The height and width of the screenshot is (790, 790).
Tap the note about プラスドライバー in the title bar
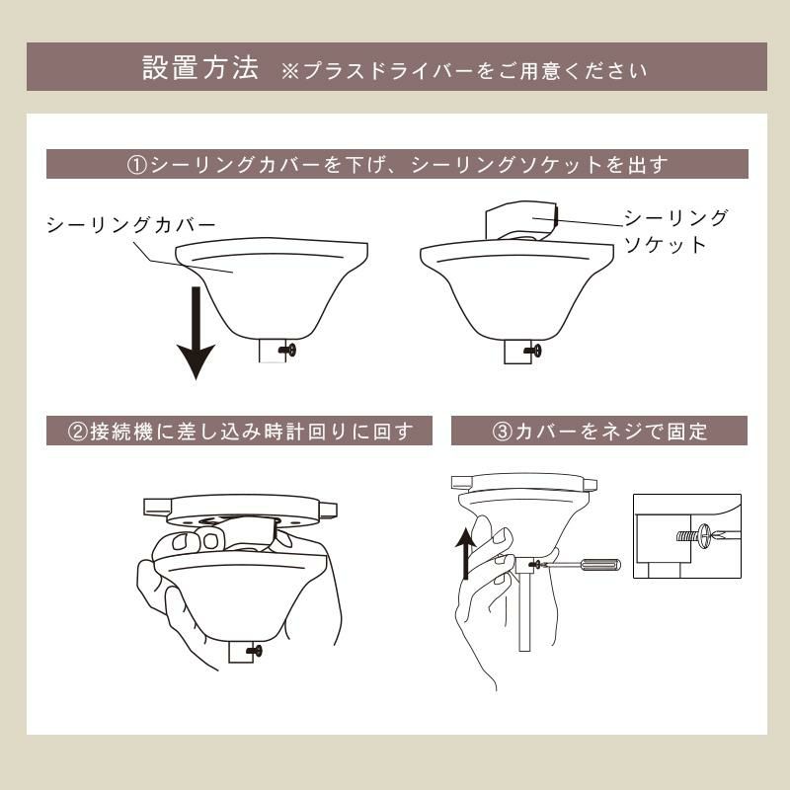point(464,71)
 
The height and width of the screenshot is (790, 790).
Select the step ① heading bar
point(396,164)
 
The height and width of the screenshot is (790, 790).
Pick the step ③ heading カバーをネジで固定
point(598,431)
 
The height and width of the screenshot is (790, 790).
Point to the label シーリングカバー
point(129,225)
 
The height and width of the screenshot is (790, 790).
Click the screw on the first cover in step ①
point(287,349)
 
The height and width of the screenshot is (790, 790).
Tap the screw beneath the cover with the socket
point(534,349)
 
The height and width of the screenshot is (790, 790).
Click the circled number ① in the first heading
point(137,164)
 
